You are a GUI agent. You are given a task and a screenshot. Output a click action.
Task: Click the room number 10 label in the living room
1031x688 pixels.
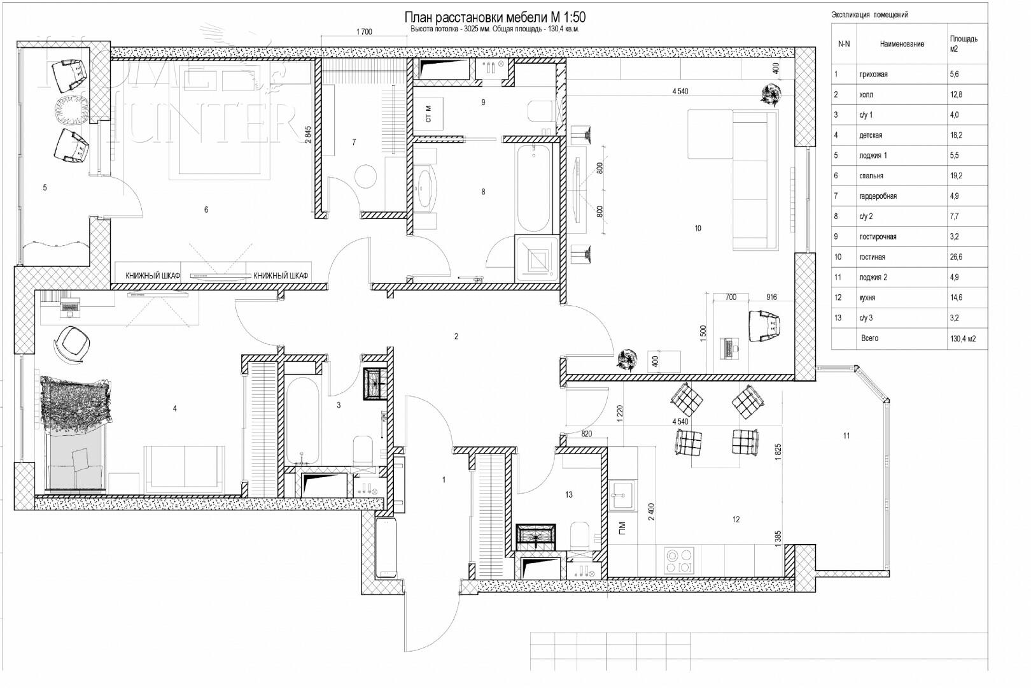tap(698, 228)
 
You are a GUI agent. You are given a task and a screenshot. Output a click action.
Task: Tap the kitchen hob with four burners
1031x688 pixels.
tap(679, 561)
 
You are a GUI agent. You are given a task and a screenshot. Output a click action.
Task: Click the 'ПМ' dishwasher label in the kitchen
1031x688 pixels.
tap(621, 528)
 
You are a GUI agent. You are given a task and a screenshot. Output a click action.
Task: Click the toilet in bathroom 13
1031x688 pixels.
tap(580, 536)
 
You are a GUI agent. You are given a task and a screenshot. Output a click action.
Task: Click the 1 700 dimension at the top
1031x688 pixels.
tap(364, 32)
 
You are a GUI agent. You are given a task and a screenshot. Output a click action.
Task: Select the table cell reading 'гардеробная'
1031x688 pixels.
tap(878, 196)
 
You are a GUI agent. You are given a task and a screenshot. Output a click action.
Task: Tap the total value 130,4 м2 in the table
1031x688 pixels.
tap(962, 339)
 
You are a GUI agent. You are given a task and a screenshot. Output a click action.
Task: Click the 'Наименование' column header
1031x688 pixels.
tap(901, 44)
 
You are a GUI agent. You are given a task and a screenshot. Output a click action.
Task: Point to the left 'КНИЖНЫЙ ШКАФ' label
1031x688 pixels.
tap(153, 276)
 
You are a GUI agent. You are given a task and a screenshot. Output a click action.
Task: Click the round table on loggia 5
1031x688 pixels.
tap(71, 110)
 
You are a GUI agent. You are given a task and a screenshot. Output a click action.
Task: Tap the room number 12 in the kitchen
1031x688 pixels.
tap(736, 520)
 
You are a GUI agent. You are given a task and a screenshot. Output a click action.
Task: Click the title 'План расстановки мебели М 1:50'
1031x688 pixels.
tap(494, 18)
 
